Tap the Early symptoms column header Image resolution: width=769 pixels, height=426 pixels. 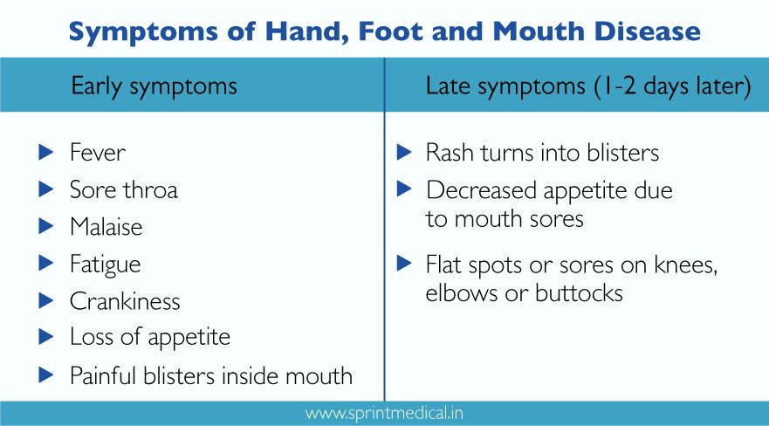point(154,86)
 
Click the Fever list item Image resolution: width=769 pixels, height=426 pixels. point(98,153)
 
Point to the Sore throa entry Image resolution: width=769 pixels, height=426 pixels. point(123,189)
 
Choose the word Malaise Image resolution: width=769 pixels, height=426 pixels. point(106,227)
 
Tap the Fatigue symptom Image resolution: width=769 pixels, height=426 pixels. point(105,264)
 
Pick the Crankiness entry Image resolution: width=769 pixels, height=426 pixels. point(125,301)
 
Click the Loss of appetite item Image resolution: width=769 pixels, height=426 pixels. point(150,338)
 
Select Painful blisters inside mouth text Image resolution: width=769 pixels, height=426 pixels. point(211,375)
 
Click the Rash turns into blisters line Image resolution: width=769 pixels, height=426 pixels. point(542,153)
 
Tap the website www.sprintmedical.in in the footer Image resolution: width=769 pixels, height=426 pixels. point(385,412)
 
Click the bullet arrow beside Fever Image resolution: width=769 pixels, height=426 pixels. point(47,153)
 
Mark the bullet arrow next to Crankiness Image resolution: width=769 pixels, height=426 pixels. point(47,301)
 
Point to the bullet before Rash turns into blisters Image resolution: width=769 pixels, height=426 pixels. point(403,153)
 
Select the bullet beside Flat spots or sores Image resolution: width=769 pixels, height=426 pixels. point(403,262)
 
